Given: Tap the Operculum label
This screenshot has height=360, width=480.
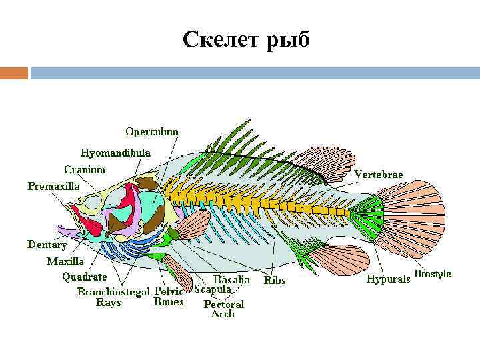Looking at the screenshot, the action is point(152,132).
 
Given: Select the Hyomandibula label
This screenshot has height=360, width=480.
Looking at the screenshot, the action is point(115,153).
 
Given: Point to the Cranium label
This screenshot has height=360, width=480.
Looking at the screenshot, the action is point(85,170).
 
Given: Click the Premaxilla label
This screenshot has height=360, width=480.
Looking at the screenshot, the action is point(53,187).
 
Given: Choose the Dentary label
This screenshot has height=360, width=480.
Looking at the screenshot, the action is point(47,245).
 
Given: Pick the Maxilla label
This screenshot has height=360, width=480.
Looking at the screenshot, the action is point(65,261).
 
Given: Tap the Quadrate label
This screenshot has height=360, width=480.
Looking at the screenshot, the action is point(85,277).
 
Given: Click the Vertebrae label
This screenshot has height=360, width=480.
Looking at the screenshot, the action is point(379,174).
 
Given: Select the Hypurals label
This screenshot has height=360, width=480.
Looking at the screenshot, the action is point(388,279).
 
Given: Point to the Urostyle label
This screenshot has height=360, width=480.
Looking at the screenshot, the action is point(433,274).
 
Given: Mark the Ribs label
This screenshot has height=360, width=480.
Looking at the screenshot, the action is point(275,281).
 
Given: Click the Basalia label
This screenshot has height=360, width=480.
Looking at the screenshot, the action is point(231,280).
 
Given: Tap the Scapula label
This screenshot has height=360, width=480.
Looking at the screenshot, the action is point(213,290).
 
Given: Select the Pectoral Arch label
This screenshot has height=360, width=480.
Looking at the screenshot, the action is point(223,309).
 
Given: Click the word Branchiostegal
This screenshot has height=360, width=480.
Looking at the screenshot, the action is point(113,291).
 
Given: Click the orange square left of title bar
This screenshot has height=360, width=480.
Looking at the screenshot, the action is point(14,73).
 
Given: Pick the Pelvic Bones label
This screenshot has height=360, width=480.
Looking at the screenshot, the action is point(169,297).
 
